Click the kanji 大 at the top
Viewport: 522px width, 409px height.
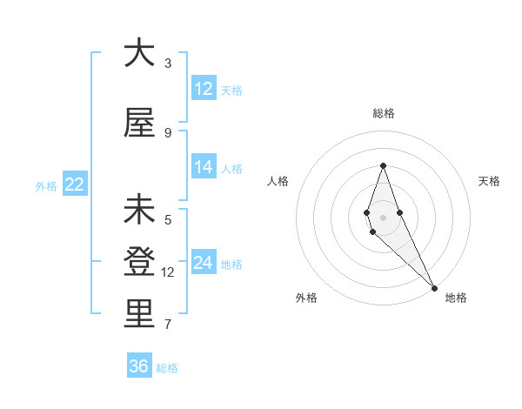[x=139, y=54]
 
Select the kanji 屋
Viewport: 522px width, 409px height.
[x=139, y=123]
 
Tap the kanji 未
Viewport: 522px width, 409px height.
[x=139, y=211]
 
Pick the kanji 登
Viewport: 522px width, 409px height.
[x=139, y=262]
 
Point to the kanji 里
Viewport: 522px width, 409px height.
[x=139, y=314]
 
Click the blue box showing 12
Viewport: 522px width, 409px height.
[x=204, y=88]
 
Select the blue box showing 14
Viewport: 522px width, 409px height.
[x=204, y=167]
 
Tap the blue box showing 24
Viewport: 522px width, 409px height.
[x=204, y=263]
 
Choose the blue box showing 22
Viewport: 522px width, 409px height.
[x=75, y=184]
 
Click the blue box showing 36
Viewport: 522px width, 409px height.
[x=139, y=366]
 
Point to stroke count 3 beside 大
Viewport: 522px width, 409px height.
[x=168, y=64]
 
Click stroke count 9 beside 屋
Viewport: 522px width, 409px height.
[x=168, y=132]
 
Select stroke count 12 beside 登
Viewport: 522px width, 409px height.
[x=168, y=272]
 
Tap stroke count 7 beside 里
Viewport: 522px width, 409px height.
[x=168, y=325]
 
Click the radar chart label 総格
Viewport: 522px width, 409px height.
[x=383, y=113]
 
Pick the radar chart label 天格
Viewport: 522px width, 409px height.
[x=489, y=181]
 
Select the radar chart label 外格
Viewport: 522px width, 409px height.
[x=306, y=298]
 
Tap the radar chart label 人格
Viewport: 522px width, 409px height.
[x=278, y=181]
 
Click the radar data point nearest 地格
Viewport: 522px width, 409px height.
[x=434, y=287]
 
